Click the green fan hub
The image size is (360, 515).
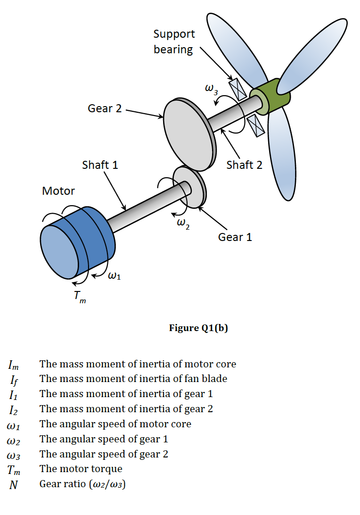273,97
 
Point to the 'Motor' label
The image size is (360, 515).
58,191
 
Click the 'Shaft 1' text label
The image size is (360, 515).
100,165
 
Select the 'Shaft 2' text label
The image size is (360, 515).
244,165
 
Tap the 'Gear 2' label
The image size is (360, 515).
105,108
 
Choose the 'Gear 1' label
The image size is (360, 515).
235,237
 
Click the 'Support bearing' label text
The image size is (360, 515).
174,42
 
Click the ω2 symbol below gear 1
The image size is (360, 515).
183,224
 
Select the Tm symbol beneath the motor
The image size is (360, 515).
80,297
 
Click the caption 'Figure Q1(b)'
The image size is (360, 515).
198,328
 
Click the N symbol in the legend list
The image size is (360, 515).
13,484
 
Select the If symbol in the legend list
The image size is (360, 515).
13,379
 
